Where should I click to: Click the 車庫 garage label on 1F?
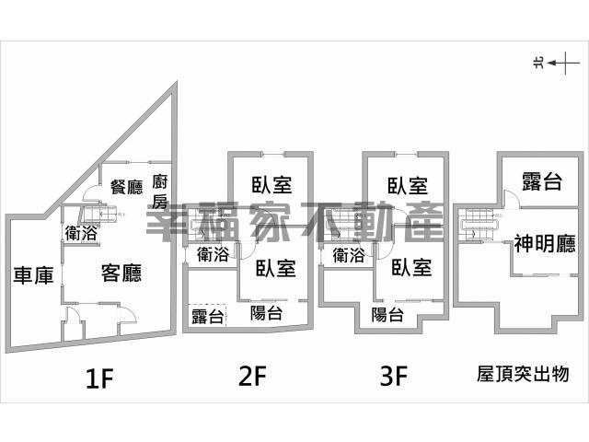point(33,275)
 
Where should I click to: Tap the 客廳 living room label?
point(121,273)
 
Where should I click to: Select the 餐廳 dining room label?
point(127,187)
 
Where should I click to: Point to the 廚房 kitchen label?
point(159,192)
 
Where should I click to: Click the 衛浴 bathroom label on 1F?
point(81,233)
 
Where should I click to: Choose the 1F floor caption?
point(99,378)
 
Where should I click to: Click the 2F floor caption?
point(252,376)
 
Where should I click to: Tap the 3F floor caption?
point(394,376)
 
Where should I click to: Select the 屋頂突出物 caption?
point(523,374)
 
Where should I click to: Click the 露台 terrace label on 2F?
point(208,316)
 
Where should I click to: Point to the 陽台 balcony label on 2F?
point(266,313)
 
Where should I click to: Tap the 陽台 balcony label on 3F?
point(387,314)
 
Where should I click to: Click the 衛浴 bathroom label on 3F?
point(349,255)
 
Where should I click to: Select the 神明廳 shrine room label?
point(545,243)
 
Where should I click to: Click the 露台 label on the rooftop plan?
point(542,181)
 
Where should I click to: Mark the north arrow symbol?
point(563,63)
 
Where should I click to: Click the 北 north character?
point(538,63)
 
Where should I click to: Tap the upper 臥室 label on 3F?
point(408,186)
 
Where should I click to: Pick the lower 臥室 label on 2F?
point(276,268)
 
